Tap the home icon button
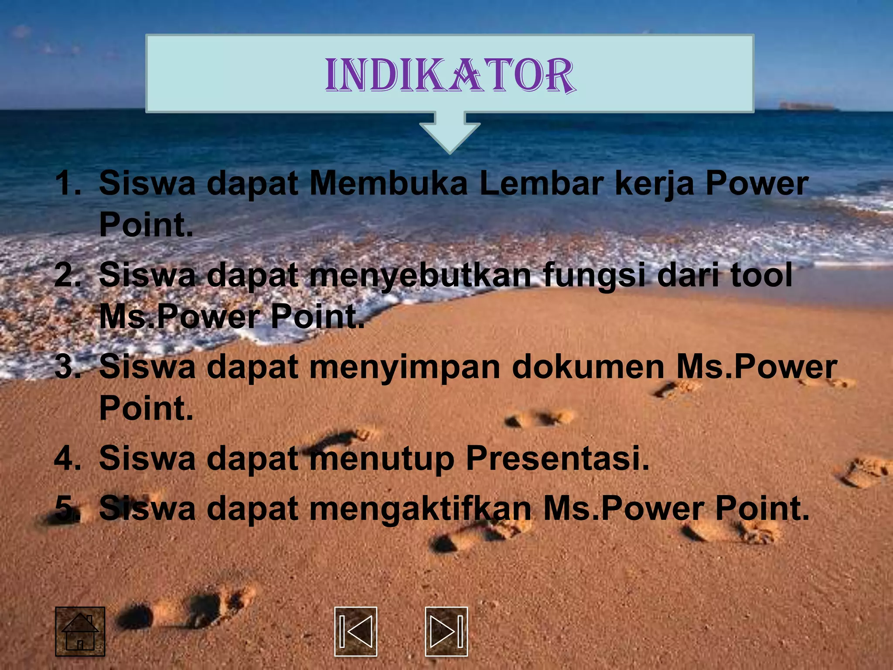(x=80, y=631)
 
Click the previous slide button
(x=355, y=631)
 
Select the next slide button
(x=446, y=631)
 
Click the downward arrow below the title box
(x=450, y=133)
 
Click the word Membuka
(x=388, y=184)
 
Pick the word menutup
(x=382, y=459)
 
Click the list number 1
(x=68, y=184)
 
